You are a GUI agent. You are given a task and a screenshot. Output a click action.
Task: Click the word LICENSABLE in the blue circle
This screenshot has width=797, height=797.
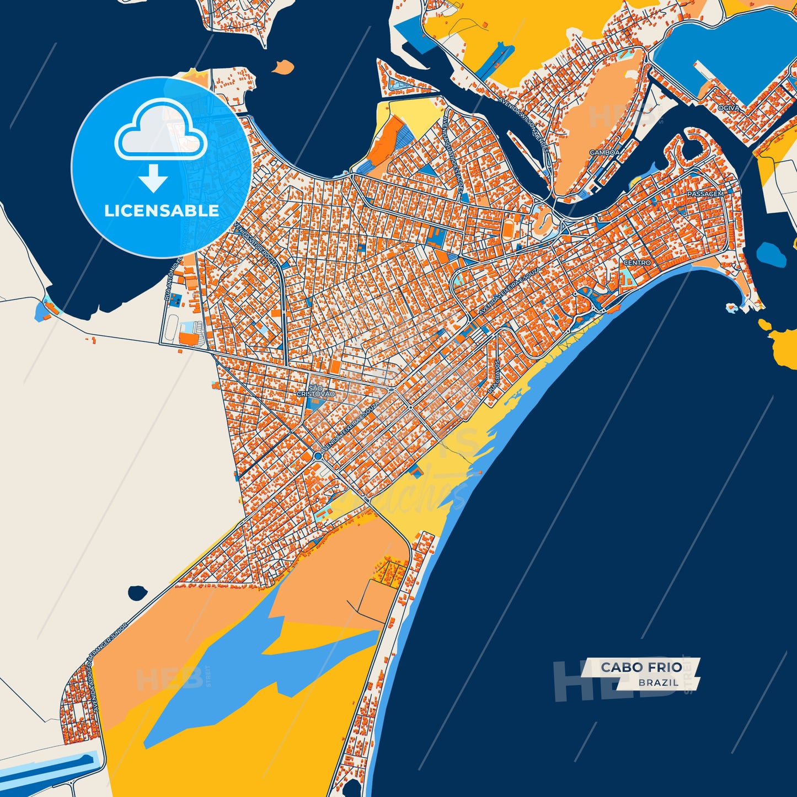point(162,211)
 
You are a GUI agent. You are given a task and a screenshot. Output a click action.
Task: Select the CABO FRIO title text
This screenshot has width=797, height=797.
point(641,667)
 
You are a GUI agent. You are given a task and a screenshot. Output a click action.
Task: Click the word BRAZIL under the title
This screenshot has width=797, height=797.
point(659,682)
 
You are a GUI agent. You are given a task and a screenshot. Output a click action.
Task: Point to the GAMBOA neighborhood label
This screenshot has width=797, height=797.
point(605,152)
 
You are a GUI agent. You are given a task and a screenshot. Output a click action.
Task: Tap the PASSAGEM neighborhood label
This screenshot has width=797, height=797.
point(705,194)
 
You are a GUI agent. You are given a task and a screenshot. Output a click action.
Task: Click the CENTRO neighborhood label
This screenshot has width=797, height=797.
point(637,263)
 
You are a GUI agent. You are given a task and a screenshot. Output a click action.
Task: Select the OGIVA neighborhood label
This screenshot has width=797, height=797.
point(729,108)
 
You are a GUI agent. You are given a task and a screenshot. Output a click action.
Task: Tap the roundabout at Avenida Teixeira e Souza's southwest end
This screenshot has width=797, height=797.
point(318,457)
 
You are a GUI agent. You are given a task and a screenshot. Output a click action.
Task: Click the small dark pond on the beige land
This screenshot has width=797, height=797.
point(137,593)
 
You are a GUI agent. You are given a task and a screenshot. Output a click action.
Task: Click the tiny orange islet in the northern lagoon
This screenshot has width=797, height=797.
point(284,67)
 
